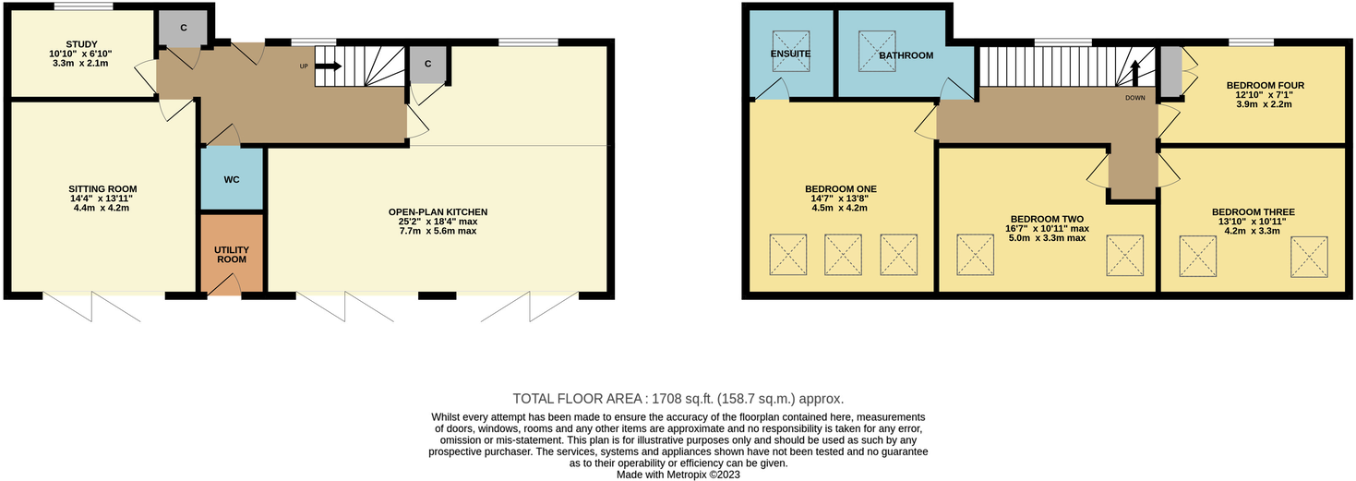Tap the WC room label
click(232, 178)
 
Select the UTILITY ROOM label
click(232, 255)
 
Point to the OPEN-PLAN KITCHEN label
click(438, 211)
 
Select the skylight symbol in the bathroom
click(873, 43)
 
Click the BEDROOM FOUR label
click(1264, 86)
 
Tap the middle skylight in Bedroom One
click(843, 254)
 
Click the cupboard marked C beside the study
click(183, 29)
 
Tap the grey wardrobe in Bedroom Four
click(1170, 72)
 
